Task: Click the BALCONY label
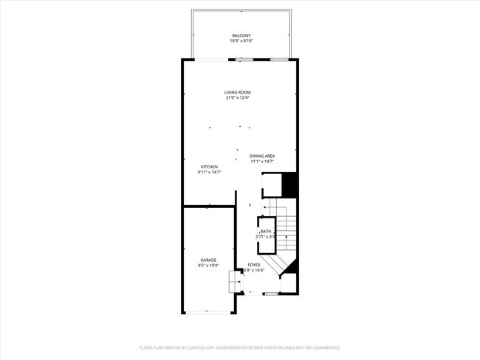241,35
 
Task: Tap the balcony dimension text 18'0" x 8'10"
241,41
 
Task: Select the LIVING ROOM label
238,92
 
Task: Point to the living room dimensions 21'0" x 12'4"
238,98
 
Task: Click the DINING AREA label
262,156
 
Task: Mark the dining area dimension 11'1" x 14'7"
262,162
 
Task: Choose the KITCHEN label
209,167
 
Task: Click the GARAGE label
208,260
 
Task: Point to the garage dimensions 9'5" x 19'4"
208,266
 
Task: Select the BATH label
266,232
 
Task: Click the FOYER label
254,264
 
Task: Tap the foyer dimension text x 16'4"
257,270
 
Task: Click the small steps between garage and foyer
235,281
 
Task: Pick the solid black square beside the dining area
290,184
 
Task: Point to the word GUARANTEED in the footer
325,347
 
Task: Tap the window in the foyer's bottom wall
271,294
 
